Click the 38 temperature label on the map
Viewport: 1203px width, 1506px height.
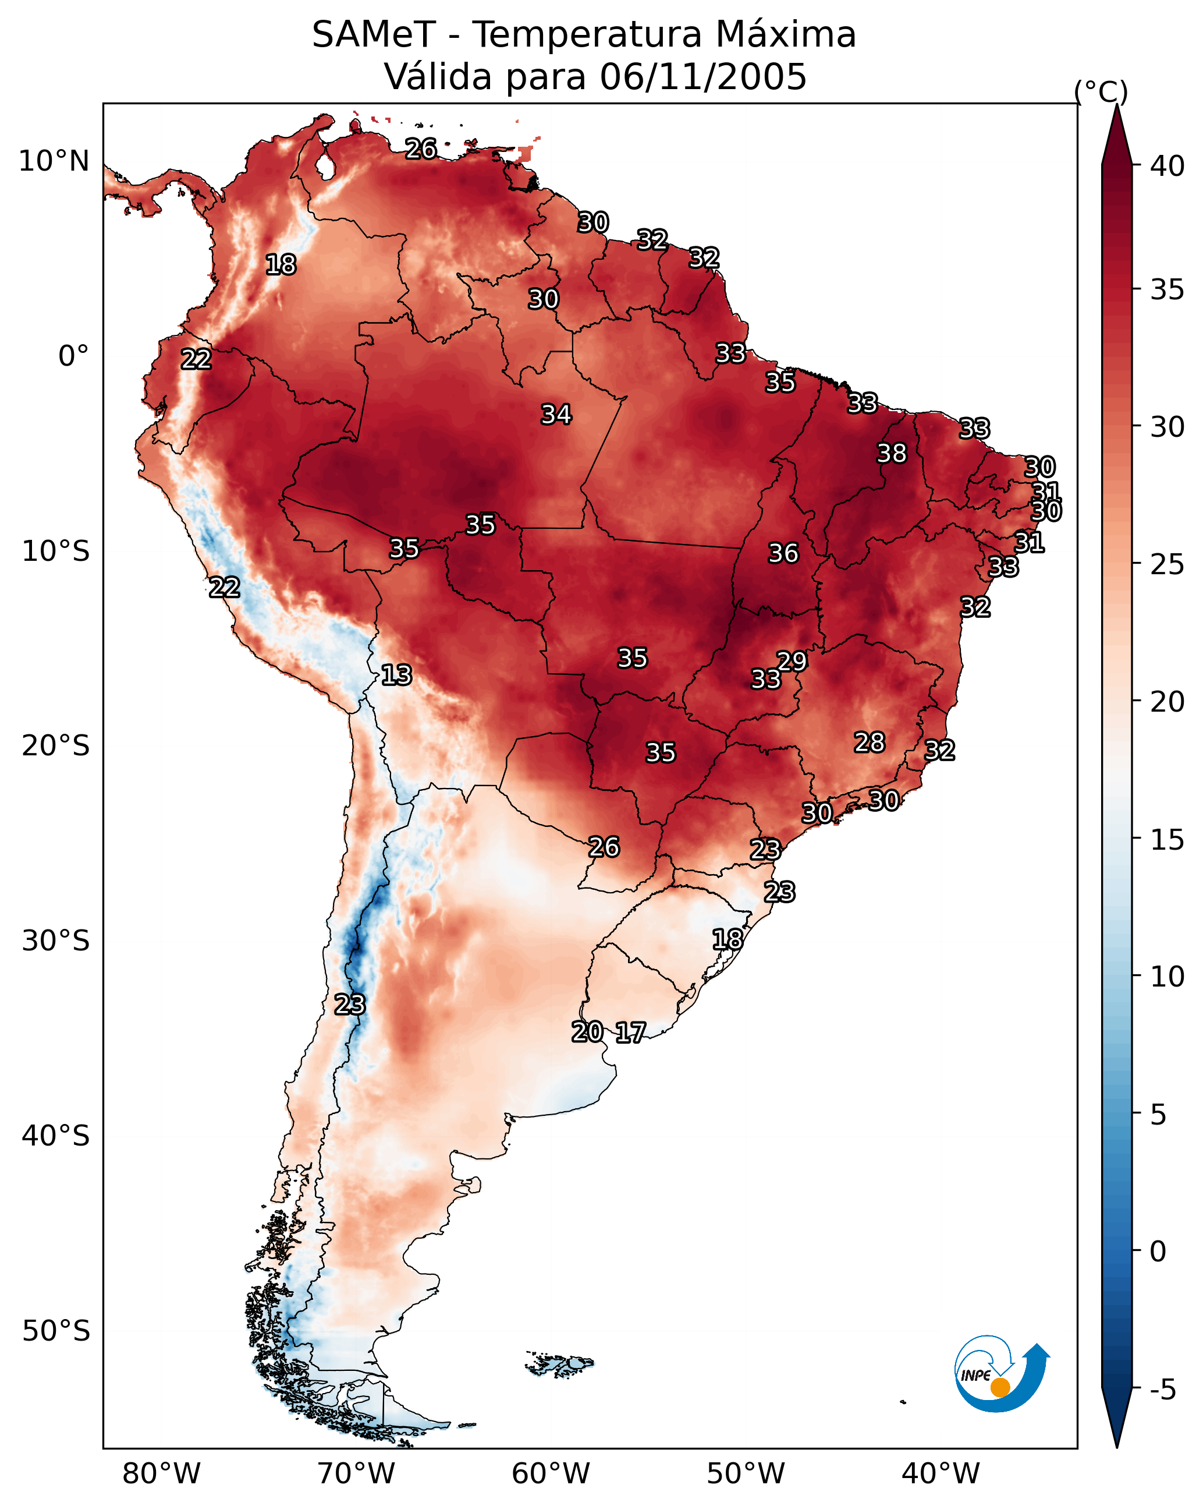[x=892, y=453]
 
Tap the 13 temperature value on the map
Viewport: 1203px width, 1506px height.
[x=396, y=675]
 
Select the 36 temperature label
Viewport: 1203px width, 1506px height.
[x=783, y=553]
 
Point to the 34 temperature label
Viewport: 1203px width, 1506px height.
[x=556, y=414]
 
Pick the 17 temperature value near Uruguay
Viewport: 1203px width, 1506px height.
[x=630, y=1033]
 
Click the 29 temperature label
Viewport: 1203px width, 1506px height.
[x=792, y=661]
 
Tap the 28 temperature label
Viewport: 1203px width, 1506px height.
[x=870, y=743]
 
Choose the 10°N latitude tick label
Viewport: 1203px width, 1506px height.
[x=54, y=161]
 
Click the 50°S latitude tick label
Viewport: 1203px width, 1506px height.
[x=56, y=1331]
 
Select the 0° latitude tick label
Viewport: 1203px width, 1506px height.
[x=74, y=356]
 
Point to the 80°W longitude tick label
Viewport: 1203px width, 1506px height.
[x=161, y=1474]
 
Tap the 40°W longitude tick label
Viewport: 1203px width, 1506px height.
[x=941, y=1474]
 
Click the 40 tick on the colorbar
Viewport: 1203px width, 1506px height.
[x=1167, y=166]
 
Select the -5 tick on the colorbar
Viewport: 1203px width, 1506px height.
[x=1162, y=1390]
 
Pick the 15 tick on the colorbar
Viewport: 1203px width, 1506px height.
[x=1167, y=840]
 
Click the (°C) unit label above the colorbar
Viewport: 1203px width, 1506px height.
[x=1101, y=91]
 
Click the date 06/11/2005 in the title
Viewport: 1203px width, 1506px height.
[x=703, y=76]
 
